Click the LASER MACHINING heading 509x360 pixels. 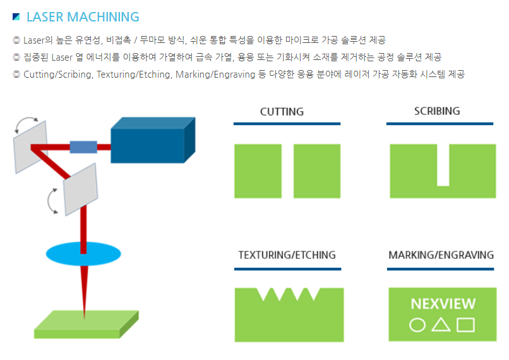(83, 17)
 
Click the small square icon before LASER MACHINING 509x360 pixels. (16, 16)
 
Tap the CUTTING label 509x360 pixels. (282, 112)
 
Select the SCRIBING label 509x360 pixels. (437, 111)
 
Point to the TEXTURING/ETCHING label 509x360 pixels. (287, 256)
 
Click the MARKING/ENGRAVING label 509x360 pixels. (441, 256)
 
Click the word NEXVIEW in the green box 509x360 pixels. (443, 304)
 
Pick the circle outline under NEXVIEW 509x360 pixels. (417, 325)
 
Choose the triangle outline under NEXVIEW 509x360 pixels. (441, 325)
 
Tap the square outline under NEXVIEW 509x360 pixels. (465, 325)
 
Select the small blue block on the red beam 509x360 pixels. (83, 147)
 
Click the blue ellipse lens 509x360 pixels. (83, 254)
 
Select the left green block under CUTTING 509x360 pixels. (258, 171)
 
